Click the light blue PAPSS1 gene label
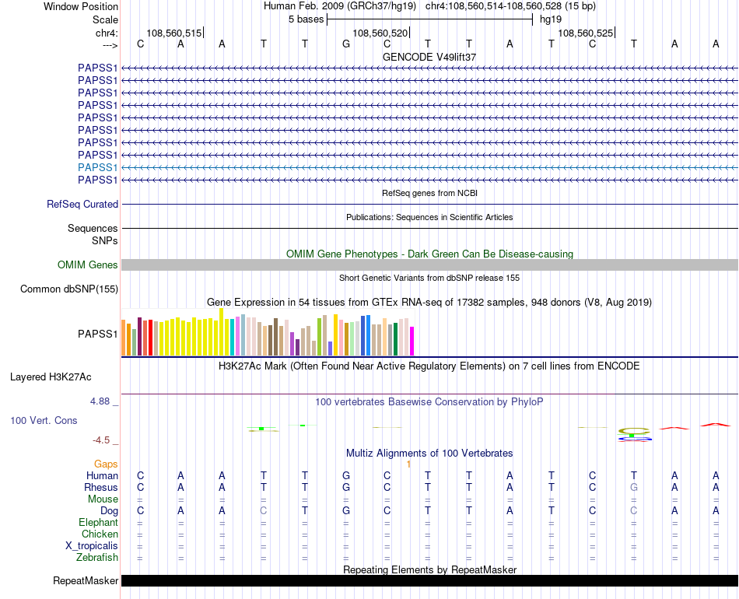pyautogui.click(x=98, y=167)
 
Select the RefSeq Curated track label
pyautogui.click(x=82, y=205)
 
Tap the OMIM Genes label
pyautogui.click(x=88, y=265)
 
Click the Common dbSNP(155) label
pyautogui.click(x=69, y=289)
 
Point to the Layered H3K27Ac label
pyautogui.click(x=51, y=377)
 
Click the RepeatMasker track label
pyautogui.click(x=86, y=581)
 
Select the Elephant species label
pyautogui.click(x=98, y=523)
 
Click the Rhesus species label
pyautogui.click(x=101, y=487)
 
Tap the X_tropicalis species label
pyautogui.click(x=92, y=545)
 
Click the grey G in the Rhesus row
pyautogui.click(x=634, y=487)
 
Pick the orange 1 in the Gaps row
pyautogui.click(x=408, y=464)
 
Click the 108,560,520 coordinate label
pyautogui.click(x=380, y=33)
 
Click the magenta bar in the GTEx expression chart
pyautogui.click(x=412, y=341)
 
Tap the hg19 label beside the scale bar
pyautogui.click(x=550, y=19)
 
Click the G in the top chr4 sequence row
pyautogui.click(x=346, y=44)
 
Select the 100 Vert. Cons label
pyautogui.click(x=44, y=420)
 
